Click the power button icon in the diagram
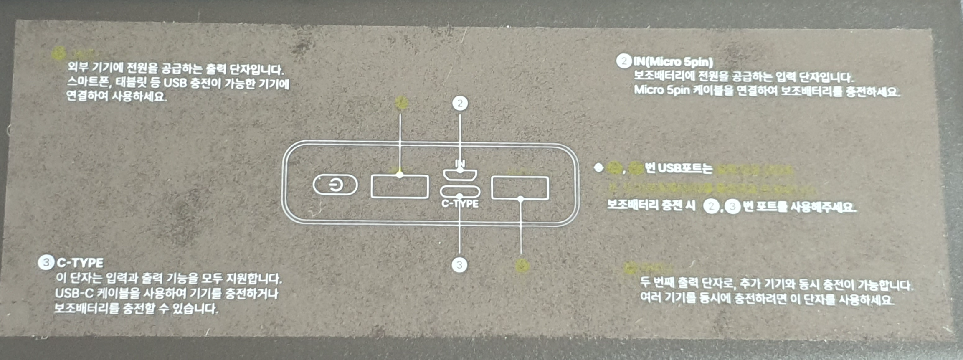point(335,185)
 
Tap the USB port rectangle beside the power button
point(400,186)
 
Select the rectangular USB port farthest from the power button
point(520,188)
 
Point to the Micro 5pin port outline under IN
point(460,175)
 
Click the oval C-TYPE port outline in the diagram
point(460,191)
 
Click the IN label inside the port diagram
point(460,163)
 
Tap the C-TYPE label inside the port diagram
point(460,204)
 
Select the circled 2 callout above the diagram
point(460,103)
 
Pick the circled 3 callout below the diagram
point(460,264)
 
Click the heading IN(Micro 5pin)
point(673,62)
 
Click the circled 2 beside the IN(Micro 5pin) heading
point(624,61)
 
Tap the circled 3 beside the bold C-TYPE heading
point(46,262)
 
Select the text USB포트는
point(685,169)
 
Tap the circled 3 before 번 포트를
point(732,206)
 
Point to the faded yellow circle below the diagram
point(522,265)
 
